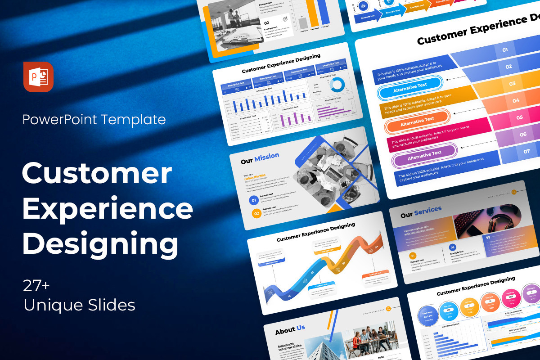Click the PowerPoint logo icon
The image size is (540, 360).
click(x=38, y=77)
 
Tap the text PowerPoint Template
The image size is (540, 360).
click(x=94, y=120)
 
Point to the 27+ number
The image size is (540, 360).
click(x=37, y=286)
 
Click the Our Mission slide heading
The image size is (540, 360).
click(x=260, y=158)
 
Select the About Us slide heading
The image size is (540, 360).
click(x=290, y=330)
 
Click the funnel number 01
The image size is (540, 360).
click(x=504, y=50)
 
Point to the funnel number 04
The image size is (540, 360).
click(x=516, y=101)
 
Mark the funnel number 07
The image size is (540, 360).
click(x=526, y=151)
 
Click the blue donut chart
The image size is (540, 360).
click(x=336, y=84)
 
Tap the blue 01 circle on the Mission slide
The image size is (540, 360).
click(x=253, y=201)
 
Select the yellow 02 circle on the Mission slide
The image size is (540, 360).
click(x=256, y=213)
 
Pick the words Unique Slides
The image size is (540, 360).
click(x=79, y=306)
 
